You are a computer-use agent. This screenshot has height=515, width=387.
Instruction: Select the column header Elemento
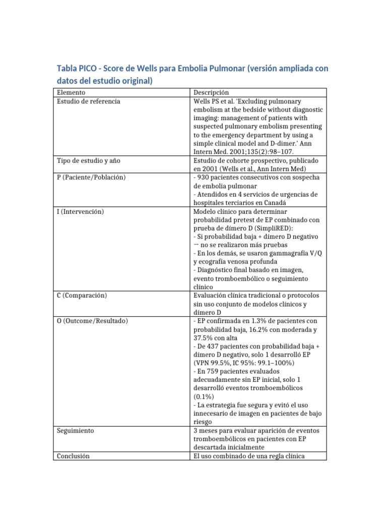click(x=71, y=93)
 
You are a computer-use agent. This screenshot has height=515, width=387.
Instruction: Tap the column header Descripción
click(x=211, y=93)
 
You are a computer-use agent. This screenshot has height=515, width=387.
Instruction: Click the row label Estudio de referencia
click(x=89, y=101)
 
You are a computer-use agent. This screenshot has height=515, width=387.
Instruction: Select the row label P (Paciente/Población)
click(x=91, y=178)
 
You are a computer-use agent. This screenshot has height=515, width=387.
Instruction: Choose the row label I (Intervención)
click(x=81, y=212)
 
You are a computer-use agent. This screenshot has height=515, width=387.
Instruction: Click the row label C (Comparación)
click(x=82, y=295)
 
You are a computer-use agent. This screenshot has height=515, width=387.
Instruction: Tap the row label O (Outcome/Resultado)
click(x=92, y=320)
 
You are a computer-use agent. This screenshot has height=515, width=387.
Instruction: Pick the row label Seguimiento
click(x=76, y=431)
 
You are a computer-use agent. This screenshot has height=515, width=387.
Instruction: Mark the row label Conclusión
click(x=73, y=456)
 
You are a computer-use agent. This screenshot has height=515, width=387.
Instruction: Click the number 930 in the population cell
click(x=203, y=178)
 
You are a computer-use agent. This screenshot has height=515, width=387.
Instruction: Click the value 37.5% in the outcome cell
click(x=202, y=338)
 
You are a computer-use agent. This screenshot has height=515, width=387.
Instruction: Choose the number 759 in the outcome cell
click(x=211, y=371)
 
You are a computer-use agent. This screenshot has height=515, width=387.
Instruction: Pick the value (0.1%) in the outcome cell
click(x=203, y=396)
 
